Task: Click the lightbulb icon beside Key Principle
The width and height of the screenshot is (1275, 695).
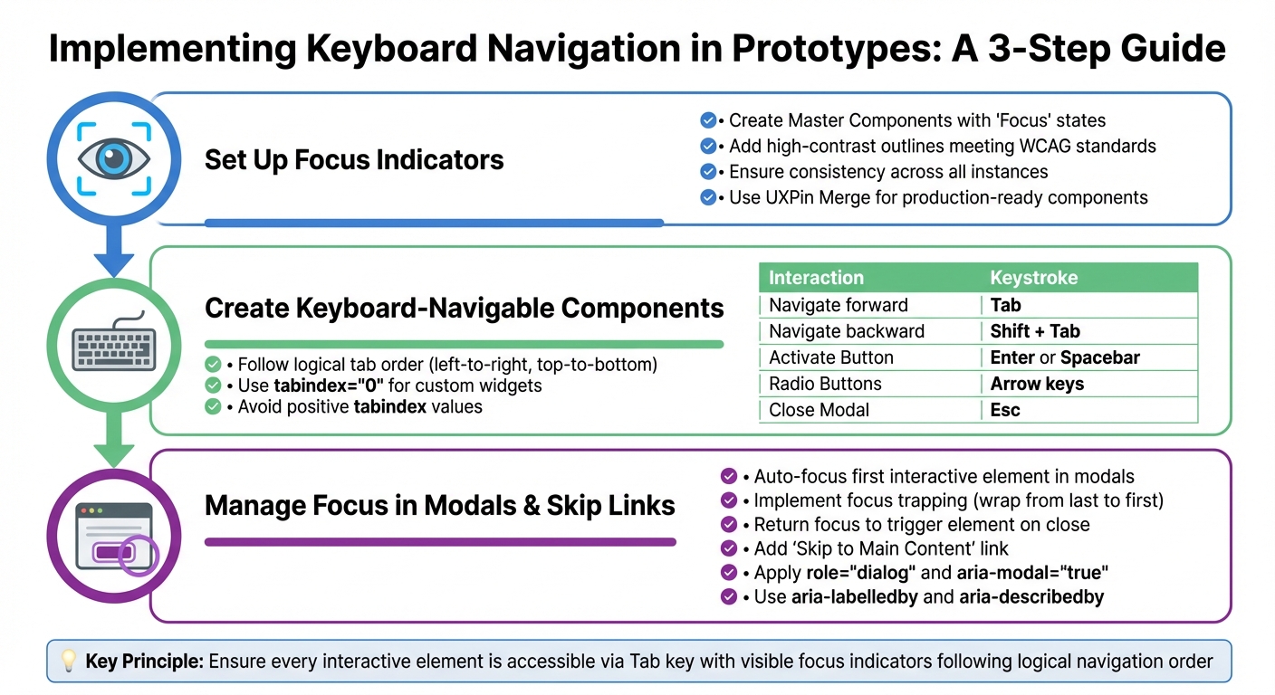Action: click(68, 662)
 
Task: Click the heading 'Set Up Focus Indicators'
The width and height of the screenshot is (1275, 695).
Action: click(353, 160)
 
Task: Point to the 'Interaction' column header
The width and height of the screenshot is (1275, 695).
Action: click(816, 278)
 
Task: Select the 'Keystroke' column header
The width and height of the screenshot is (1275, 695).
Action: click(1033, 278)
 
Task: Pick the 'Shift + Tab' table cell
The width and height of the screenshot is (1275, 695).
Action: click(1035, 331)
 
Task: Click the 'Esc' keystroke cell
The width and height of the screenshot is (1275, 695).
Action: click(1005, 410)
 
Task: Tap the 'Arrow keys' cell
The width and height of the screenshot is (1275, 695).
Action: click(1037, 384)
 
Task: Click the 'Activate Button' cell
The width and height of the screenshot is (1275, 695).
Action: click(830, 357)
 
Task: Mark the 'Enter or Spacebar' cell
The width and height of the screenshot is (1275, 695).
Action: click(1065, 357)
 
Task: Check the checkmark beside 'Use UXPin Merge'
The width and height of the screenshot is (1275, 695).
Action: click(708, 197)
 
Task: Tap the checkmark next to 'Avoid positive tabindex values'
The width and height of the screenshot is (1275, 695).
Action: click(214, 407)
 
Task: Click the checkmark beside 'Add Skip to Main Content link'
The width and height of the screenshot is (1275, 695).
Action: click(728, 548)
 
